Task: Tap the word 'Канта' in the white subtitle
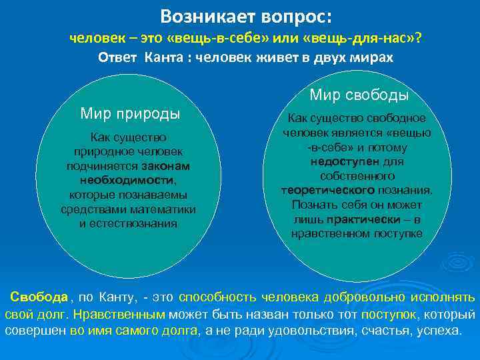[x=163, y=57]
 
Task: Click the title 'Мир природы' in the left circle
[x=130, y=113]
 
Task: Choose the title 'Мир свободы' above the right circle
[x=359, y=95]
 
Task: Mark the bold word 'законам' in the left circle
[x=165, y=166]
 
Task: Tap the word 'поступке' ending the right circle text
[x=396, y=233]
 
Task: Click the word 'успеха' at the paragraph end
[x=437, y=330]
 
